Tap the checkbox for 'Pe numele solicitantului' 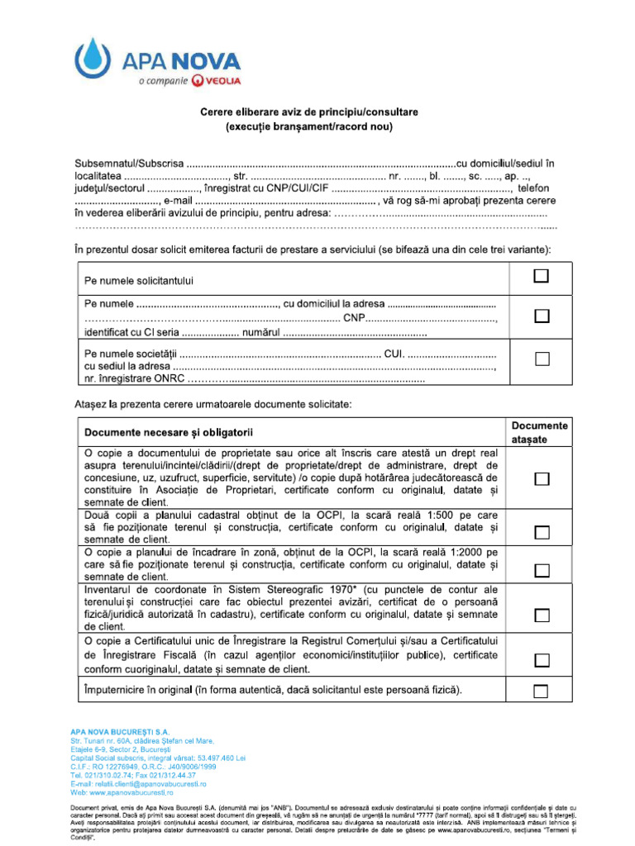point(542,276)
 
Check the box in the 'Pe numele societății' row point(542,359)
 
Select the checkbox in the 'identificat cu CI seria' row point(542,316)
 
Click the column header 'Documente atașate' point(540,432)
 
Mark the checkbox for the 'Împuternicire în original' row point(542,691)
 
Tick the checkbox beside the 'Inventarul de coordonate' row point(542,615)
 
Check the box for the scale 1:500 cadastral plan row point(542,532)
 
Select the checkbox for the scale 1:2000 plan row point(542,570)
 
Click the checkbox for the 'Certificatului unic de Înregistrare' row point(542,659)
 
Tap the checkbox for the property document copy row point(542,480)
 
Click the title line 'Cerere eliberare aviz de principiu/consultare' point(309,112)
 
